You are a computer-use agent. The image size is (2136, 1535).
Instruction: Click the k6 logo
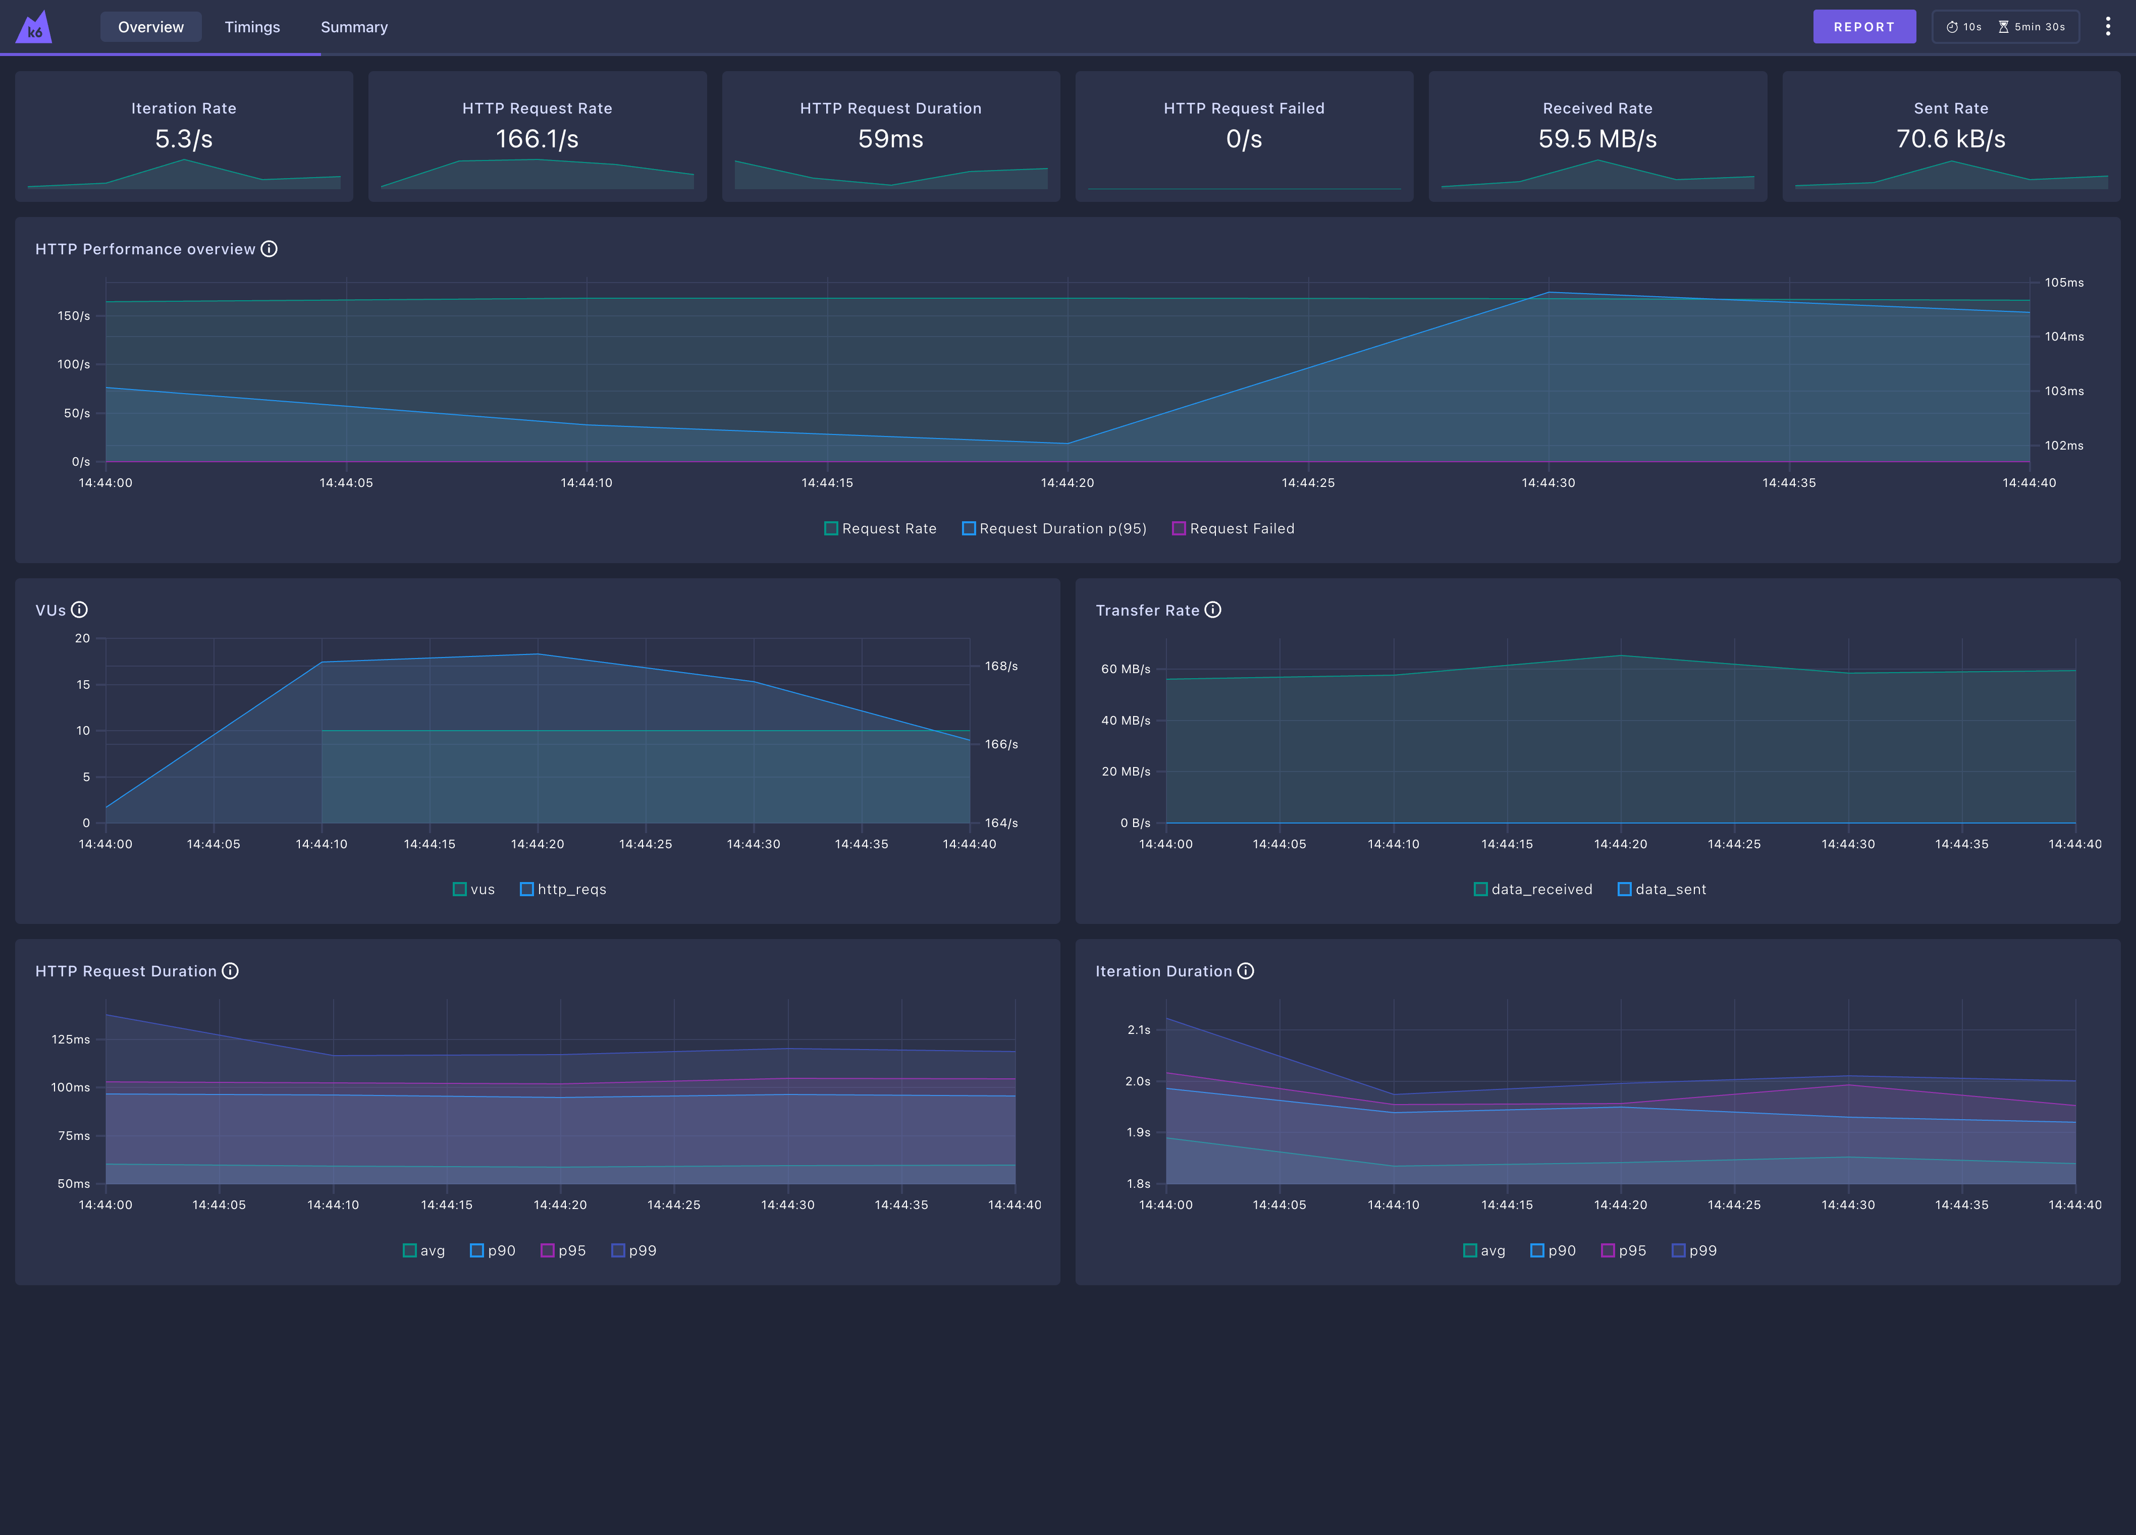click(34, 27)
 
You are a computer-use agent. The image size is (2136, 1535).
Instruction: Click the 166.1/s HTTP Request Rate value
click(537, 139)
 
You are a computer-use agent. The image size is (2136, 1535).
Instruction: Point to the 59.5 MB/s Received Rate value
click(1597, 139)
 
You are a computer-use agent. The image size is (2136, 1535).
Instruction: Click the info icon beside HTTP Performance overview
click(270, 249)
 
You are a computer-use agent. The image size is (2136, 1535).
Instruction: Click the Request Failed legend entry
click(1233, 528)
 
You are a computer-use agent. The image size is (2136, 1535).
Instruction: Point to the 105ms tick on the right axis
click(2063, 283)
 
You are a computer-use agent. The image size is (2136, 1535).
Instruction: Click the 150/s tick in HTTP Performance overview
click(74, 315)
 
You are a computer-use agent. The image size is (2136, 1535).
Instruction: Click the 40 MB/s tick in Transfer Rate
click(1126, 721)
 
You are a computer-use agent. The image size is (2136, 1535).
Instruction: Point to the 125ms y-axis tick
click(71, 1039)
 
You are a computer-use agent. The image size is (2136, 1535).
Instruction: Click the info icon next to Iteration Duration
click(1245, 971)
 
